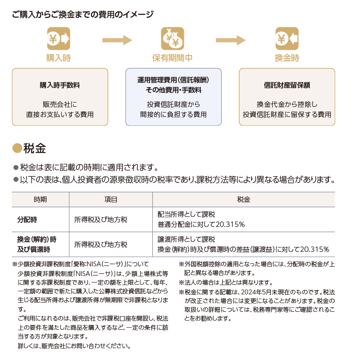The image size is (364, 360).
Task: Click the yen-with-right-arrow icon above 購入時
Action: (59, 39)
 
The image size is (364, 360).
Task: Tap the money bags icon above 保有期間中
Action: (172, 39)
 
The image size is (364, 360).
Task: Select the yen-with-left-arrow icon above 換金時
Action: (287, 39)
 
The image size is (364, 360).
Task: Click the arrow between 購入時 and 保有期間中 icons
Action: (117, 40)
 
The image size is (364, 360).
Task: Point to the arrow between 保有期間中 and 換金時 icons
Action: (231, 40)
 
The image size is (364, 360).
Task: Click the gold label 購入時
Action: (59, 58)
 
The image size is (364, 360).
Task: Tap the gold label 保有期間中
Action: (172, 58)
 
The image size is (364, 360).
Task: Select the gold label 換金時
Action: (287, 58)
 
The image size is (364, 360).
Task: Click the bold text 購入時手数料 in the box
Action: (60, 85)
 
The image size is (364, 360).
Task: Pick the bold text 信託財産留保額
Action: (287, 85)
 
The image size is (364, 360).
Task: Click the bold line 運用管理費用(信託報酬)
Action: (173, 80)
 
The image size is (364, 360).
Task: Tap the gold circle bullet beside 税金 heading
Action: (17, 148)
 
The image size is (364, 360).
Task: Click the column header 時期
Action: (40, 199)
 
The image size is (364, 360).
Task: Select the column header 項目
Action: (111, 199)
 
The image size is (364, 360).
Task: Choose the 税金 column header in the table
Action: (244, 199)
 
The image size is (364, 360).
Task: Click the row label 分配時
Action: (27, 219)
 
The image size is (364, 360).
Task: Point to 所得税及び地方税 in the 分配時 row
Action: (101, 219)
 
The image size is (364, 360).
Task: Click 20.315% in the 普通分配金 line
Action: (230, 225)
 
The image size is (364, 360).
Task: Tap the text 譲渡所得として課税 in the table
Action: (186, 240)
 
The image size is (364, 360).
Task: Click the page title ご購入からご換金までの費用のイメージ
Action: (83, 14)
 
